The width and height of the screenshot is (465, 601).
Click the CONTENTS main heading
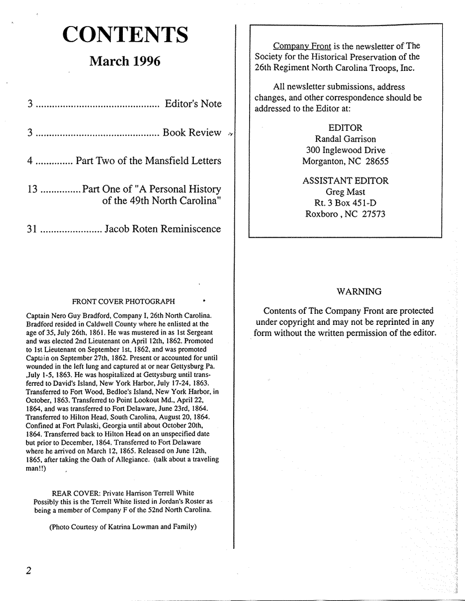click(x=125, y=34)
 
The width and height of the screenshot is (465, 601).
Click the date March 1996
click(x=125, y=61)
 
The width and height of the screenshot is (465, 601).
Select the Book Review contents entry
click(x=192, y=133)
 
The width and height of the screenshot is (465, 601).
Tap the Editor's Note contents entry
click(x=193, y=104)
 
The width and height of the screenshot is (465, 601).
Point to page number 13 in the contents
click(x=32, y=189)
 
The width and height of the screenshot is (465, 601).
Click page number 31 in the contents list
click(x=32, y=229)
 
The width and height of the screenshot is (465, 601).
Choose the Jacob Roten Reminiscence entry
click(x=163, y=229)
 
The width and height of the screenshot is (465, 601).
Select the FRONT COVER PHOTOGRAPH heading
click(x=124, y=302)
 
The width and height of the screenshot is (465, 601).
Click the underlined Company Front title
click(x=302, y=46)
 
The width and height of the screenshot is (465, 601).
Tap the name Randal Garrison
click(x=345, y=139)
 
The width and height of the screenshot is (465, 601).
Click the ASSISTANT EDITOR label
click(x=345, y=181)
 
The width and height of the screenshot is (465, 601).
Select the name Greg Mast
click(x=345, y=192)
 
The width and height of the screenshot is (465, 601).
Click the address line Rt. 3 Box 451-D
click(x=345, y=203)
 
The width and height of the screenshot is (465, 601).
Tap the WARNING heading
click(x=359, y=292)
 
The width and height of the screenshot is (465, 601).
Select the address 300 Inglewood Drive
click(x=345, y=151)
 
